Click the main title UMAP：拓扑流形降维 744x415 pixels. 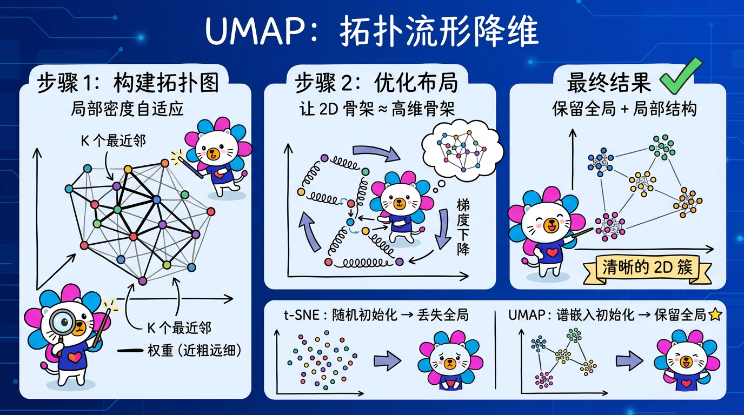pos(372,34)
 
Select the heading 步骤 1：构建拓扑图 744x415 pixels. pos(128,84)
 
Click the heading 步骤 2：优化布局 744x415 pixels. pos(376,84)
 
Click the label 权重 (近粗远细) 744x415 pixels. pos(184,350)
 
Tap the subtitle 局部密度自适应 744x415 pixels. pos(128,109)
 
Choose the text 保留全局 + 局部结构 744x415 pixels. pos(624,109)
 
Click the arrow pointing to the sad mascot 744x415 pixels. pos(388,360)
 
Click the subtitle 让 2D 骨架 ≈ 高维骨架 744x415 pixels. pos(377,109)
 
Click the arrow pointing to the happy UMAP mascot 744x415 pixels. pos(626,360)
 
